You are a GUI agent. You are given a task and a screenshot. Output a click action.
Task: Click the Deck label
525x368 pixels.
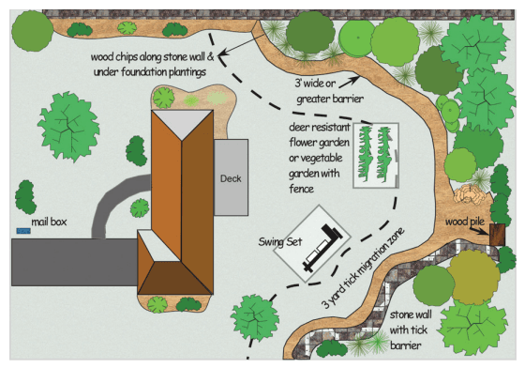(231, 178)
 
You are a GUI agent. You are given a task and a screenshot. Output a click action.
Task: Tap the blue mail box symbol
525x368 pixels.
(23, 231)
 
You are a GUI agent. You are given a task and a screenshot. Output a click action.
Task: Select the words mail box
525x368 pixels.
(49, 222)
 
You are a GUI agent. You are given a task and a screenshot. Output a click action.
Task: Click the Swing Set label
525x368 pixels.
(280, 241)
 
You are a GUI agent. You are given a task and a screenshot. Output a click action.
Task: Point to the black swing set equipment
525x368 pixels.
(322, 247)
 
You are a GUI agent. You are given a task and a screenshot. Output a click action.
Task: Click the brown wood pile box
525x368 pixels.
(497, 235)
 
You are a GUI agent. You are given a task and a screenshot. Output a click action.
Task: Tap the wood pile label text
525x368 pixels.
(465, 222)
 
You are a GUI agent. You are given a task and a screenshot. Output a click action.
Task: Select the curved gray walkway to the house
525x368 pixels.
(111, 201)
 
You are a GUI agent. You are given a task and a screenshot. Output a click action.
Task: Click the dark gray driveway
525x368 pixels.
(74, 262)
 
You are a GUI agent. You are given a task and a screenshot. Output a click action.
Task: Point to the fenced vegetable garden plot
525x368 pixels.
(376, 156)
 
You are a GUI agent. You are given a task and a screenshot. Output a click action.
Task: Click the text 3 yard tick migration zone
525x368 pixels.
(363, 268)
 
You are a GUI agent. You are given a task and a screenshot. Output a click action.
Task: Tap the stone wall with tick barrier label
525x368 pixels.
(410, 330)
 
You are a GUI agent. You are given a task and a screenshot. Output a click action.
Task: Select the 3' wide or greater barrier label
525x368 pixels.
(329, 91)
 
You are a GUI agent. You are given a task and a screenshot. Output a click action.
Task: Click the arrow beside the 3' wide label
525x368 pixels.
(349, 82)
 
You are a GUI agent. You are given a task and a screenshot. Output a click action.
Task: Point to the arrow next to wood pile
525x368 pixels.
(479, 231)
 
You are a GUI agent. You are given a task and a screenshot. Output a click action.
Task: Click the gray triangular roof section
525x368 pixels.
(182, 123)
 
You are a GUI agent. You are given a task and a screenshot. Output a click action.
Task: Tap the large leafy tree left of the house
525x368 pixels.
(68, 127)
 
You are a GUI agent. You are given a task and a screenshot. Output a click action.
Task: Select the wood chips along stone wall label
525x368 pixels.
(152, 64)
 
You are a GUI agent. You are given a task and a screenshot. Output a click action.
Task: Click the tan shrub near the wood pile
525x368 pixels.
(470, 193)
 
